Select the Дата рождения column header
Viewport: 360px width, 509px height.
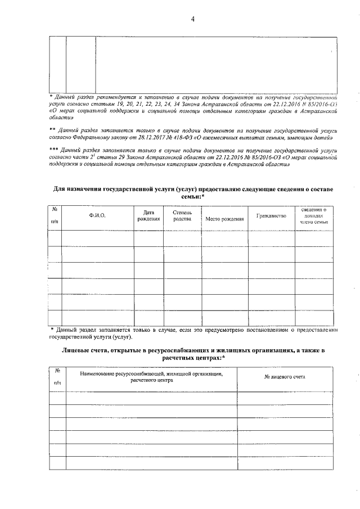point(148,216)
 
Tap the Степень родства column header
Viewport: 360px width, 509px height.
point(182,216)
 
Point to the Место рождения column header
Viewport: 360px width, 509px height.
point(224,218)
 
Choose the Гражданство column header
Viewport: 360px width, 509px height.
point(271,216)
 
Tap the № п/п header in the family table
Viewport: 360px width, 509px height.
point(55,216)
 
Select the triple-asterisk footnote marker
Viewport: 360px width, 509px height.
point(53,151)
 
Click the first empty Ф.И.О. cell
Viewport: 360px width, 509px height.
point(97,238)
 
